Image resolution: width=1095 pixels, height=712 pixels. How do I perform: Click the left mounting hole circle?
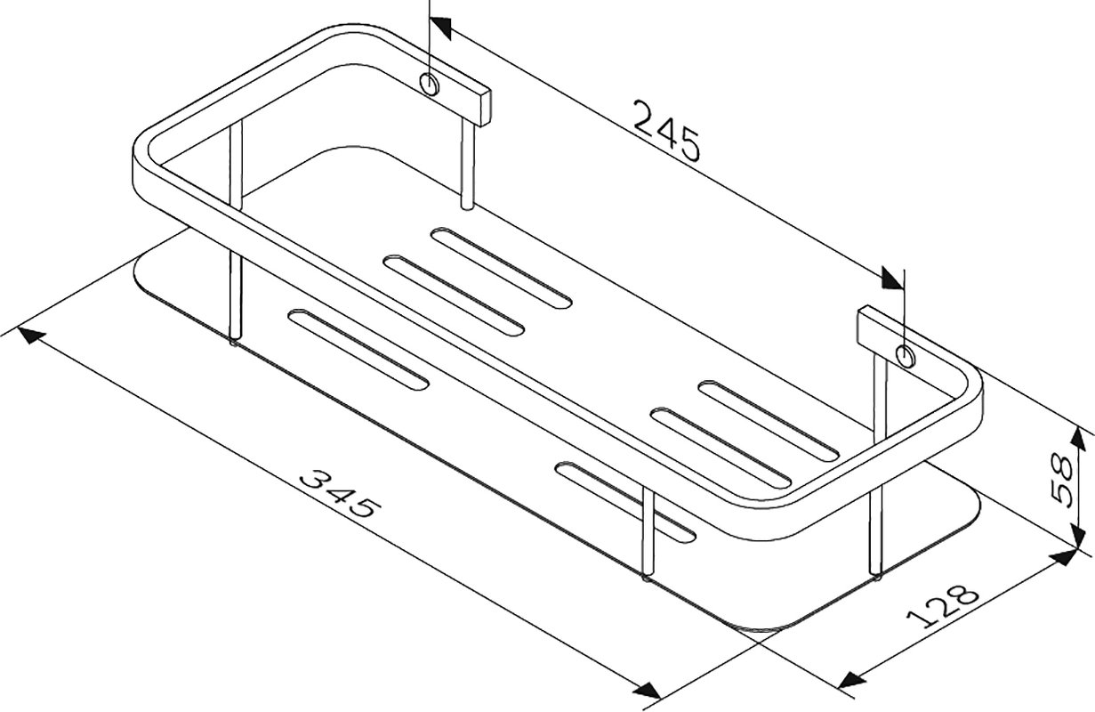(430, 85)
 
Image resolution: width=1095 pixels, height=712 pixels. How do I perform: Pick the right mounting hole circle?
(906, 355)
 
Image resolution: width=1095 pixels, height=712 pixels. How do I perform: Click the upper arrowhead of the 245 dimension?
(440, 28)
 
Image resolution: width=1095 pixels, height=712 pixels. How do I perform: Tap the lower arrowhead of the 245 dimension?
(892, 278)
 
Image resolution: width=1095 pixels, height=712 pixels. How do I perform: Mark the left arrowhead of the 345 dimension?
(31, 336)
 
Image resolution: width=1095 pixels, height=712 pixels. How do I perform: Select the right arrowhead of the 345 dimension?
(648, 690)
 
